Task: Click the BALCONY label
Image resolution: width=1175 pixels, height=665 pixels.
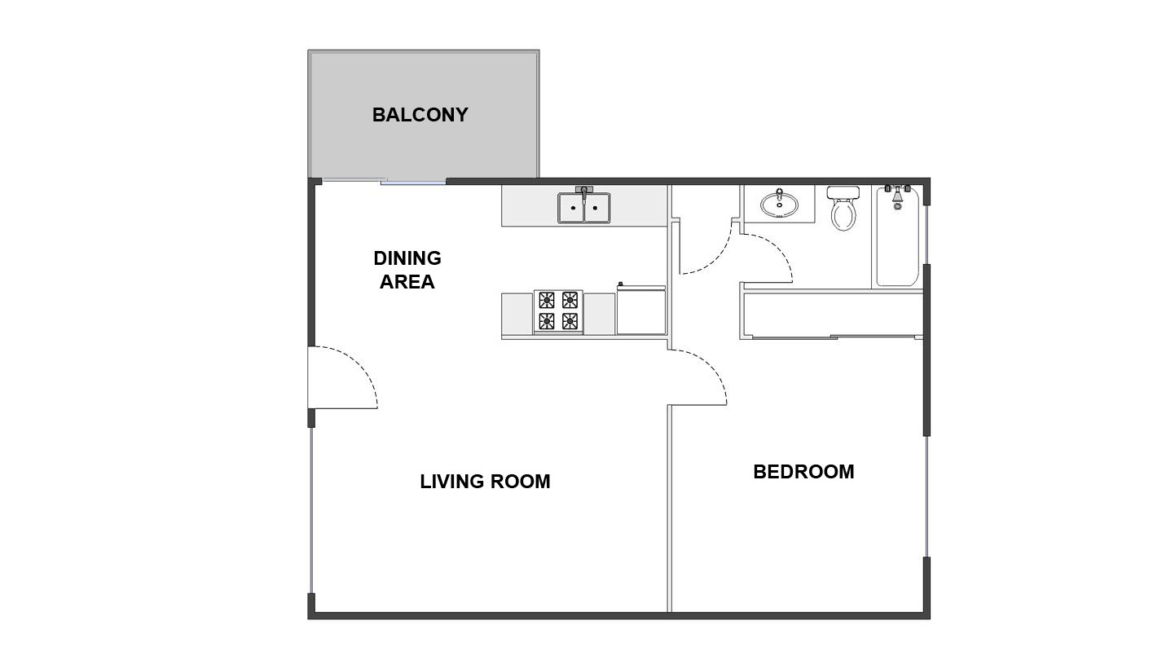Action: (420, 115)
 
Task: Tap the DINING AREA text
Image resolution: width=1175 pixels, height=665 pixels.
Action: (407, 270)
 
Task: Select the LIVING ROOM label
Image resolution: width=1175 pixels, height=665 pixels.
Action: (485, 482)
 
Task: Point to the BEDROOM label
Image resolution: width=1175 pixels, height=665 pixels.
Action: (803, 472)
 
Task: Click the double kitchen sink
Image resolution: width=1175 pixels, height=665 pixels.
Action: (583, 208)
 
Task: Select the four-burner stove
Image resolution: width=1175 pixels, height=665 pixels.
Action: (558, 311)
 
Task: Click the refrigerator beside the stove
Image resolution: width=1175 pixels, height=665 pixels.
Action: (641, 310)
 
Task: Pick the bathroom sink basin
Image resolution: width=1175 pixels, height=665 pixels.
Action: (780, 204)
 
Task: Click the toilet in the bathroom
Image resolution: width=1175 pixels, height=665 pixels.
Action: (843, 208)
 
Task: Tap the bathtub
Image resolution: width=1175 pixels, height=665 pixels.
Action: (897, 236)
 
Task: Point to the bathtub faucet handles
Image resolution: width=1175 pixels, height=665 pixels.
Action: (897, 188)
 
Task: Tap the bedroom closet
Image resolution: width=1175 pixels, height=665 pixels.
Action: (833, 314)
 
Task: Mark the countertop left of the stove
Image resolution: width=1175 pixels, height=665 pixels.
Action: (517, 314)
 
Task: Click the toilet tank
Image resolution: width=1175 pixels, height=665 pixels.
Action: (843, 192)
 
